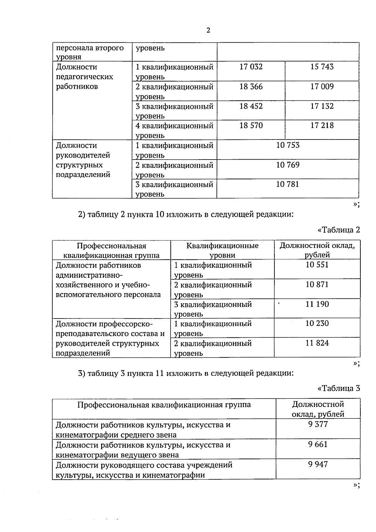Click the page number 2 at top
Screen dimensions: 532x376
click(x=208, y=30)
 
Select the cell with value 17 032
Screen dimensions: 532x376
click(x=251, y=67)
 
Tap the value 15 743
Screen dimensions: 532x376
click(x=322, y=67)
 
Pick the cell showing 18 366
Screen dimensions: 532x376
click(x=251, y=87)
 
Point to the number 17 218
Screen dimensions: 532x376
click(x=322, y=125)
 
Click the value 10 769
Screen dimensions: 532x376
click(x=288, y=165)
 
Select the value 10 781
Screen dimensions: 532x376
click(x=288, y=184)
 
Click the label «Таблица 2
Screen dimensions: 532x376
click(x=339, y=230)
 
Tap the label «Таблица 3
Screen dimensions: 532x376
click(x=339, y=388)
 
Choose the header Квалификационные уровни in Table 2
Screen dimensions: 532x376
click(x=222, y=250)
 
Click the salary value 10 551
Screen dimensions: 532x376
click(x=317, y=265)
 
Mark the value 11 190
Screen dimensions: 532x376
click(x=317, y=304)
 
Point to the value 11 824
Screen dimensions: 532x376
click(x=317, y=343)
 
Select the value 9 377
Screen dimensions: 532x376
click(x=318, y=424)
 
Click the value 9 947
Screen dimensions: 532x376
click(x=318, y=464)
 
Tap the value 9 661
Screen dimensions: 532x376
click(x=318, y=444)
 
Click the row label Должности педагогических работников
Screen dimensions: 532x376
click(x=84, y=77)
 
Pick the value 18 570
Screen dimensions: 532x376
click(x=251, y=125)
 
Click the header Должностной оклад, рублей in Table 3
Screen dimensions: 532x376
click(x=318, y=409)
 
